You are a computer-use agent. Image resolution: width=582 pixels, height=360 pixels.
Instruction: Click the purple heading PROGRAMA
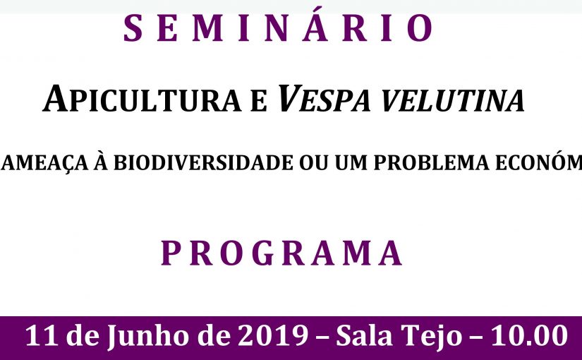pos(281,253)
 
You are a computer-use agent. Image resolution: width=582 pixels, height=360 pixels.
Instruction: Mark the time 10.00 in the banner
pos(528,335)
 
